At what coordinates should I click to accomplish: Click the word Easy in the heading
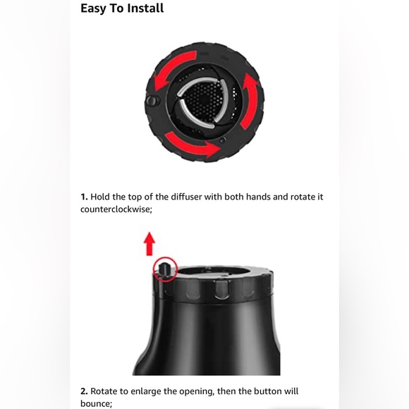coord(92,8)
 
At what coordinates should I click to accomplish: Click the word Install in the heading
coord(145,8)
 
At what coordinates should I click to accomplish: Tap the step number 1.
coord(84,197)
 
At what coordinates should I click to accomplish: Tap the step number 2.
coord(84,391)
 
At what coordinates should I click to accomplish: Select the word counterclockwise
coord(116,209)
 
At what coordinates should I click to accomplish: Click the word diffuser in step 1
coord(186,197)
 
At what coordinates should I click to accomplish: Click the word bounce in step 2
coord(96,403)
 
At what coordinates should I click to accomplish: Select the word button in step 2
coord(268,391)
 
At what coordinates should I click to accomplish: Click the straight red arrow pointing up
coord(149,244)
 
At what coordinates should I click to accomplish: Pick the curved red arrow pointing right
coord(192,145)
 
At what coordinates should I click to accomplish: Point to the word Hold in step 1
coord(100,197)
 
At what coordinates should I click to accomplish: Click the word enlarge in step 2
coord(146,392)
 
